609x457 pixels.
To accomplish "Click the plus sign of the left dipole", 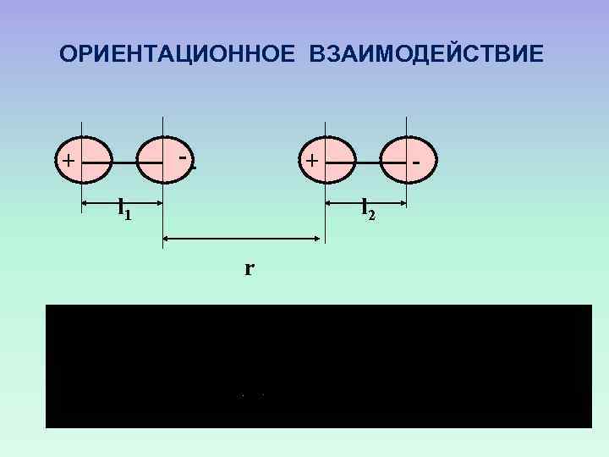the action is pos(67,160).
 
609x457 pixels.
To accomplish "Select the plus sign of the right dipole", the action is pos(313,159).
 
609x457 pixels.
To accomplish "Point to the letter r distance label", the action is pos(250,269).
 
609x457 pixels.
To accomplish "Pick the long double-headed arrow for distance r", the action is pos(241,240).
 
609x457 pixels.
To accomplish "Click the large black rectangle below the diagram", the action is pos(319,366).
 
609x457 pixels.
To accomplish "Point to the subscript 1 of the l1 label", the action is pos(129,215).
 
